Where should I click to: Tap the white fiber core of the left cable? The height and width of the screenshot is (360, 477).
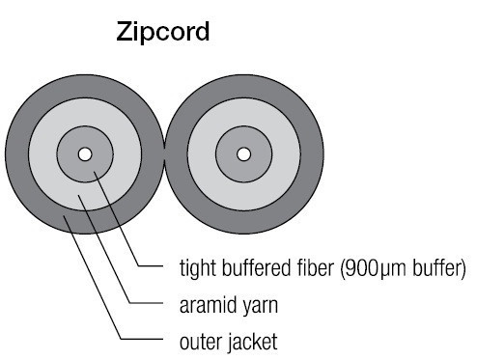(85, 154)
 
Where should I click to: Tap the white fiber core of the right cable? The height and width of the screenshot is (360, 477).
(242, 154)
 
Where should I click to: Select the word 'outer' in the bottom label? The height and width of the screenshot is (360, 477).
(201, 341)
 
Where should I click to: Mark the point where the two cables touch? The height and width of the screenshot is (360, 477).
(164, 154)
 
